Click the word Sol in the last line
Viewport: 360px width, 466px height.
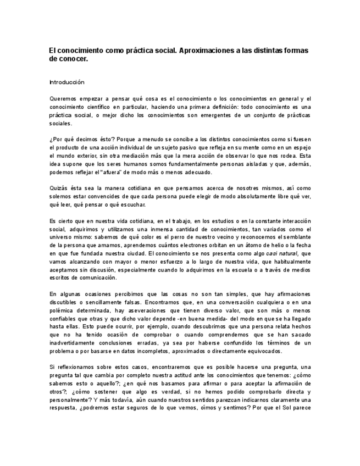[x=292, y=407]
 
